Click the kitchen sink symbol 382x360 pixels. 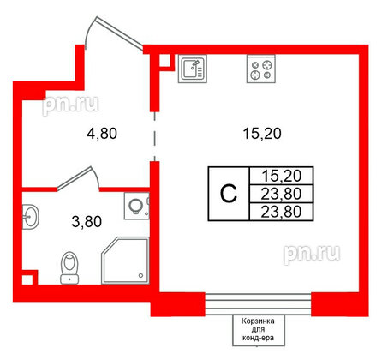[193, 69]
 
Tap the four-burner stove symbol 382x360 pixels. [261, 69]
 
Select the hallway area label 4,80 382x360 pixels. [102, 134]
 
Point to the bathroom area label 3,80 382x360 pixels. [87, 222]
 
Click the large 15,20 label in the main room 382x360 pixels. [262, 134]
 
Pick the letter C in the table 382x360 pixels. [229, 194]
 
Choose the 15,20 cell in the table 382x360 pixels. [282, 176]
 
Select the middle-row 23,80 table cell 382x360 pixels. [282, 194]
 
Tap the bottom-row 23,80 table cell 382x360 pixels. [282, 212]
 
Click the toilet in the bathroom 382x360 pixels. [69, 268]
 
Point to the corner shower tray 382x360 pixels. [126, 260]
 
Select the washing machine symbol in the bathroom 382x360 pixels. [137, 206]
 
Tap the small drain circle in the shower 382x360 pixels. [140, 275]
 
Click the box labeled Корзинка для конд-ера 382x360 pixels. [259, 330]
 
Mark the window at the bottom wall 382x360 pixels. [258, 304]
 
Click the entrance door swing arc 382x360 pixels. [90, 31]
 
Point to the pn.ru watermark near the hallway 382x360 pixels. [70, 105]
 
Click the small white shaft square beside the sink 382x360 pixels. [164, 60]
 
